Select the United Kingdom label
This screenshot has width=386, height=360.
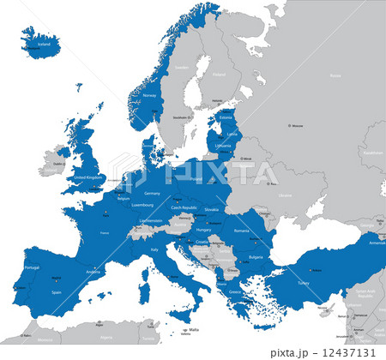coord(88,177)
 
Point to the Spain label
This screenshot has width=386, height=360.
coord(57,291)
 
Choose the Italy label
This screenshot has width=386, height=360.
coord(154,249)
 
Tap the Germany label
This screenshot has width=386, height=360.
coord(153,193)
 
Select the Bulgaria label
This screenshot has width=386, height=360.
coord(232,255)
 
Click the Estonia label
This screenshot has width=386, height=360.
coord(227,117)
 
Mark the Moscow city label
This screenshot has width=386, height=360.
coord(298,127)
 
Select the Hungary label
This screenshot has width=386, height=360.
coord(202,230)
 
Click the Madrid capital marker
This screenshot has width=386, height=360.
coord(57,278)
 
